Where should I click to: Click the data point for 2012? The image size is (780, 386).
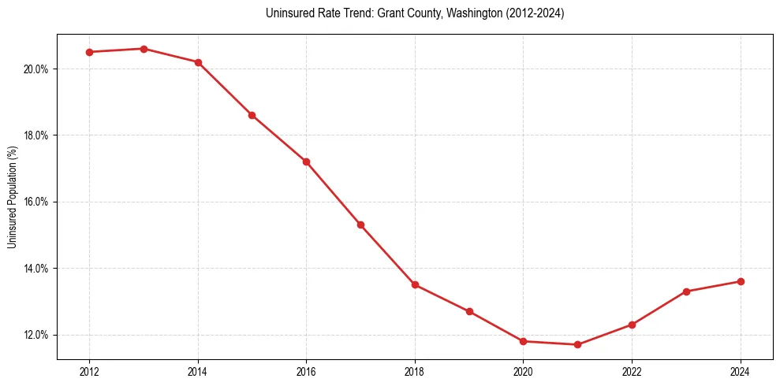click(x=89, y=52)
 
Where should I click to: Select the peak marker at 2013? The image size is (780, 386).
click(x=144, y=49)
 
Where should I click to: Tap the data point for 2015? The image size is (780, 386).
click(x=252, y=115)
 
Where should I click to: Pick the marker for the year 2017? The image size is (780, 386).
click(x=360, y=225)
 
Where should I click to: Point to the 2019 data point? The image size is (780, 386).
click(x=469, y=311)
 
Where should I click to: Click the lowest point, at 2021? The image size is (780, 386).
click(x=578, y=344)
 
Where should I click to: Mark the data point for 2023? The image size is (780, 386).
click(x=686, y=291)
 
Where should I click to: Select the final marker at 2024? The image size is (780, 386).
click(x=741, y=281)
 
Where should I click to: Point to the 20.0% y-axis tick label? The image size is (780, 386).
click(x=37, y=69)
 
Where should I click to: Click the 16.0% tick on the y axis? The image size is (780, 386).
click(x=37, y=202)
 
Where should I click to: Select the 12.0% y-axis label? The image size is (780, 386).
click(x=37, y=335)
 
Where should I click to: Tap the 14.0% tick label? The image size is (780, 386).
click(x=37, y=269)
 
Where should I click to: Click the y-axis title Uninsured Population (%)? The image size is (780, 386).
click(x=13, y=197)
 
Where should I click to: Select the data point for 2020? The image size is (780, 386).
click(x=524, y=341)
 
